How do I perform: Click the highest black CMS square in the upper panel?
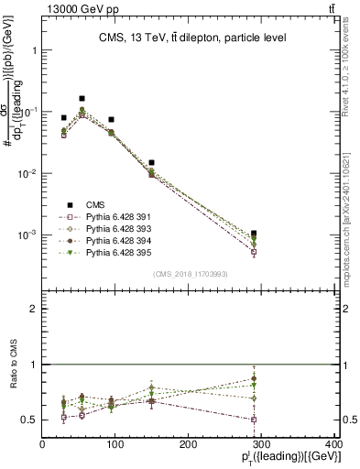point(82,98)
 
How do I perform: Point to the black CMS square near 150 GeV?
point(151,162)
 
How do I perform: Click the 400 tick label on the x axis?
point(333,443)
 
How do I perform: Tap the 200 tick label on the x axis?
point(188,443)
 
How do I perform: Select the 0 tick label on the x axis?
point(42,443)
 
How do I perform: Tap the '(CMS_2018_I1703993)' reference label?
point(190,273)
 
